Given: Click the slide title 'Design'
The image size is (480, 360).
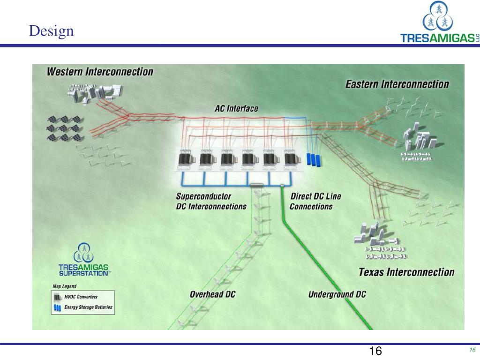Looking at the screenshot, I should click(51, 31).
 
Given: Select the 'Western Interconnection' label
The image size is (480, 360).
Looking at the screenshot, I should click(100, 72).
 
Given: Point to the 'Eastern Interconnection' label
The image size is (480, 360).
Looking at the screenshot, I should click(397, 84).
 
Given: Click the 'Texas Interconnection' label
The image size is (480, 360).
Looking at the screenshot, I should click(406, 272).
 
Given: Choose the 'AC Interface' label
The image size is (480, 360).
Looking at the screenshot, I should click(236, 108).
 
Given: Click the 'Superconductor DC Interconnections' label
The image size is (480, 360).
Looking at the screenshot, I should click(211, 201).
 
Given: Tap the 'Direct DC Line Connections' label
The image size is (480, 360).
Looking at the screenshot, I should click(316, 201).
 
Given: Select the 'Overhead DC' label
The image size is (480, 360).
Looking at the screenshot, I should click(212, 294).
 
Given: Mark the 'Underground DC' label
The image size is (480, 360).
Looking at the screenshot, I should click(337, 294).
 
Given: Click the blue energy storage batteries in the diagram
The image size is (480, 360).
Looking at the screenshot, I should click(314, 159).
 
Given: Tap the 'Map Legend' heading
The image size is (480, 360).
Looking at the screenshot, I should click(64, 286).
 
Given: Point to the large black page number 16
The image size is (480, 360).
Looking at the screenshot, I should click(375, 351).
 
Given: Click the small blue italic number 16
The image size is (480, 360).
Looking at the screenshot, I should click(472, 350).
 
